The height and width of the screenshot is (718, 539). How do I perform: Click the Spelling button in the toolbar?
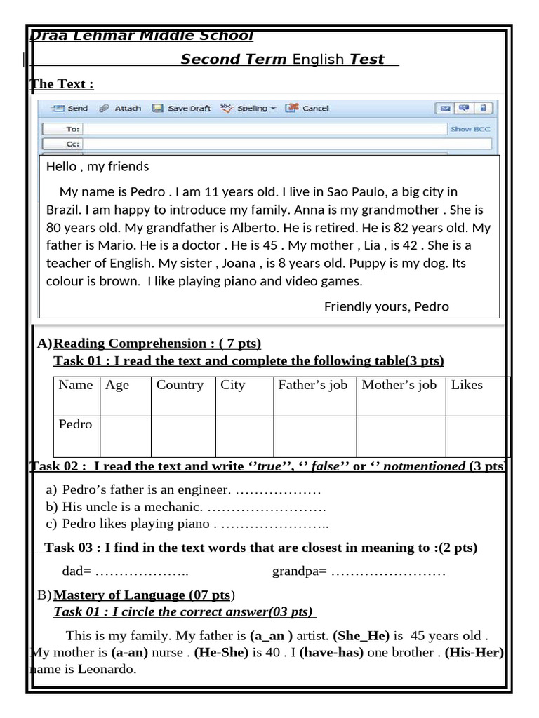[248, 109]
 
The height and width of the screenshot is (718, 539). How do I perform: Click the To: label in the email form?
[72, 129]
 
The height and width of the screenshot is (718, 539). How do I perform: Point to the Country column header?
[180, 385]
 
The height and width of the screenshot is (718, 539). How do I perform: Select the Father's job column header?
[312, 385]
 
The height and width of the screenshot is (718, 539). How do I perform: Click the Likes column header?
[467, 385]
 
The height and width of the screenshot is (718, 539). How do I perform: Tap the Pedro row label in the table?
[75, 424]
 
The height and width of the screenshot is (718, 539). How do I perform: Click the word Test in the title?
[368, 60]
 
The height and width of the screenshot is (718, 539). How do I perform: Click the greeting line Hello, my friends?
[98, 166]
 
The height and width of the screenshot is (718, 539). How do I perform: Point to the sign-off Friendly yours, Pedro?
[386, 306]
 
